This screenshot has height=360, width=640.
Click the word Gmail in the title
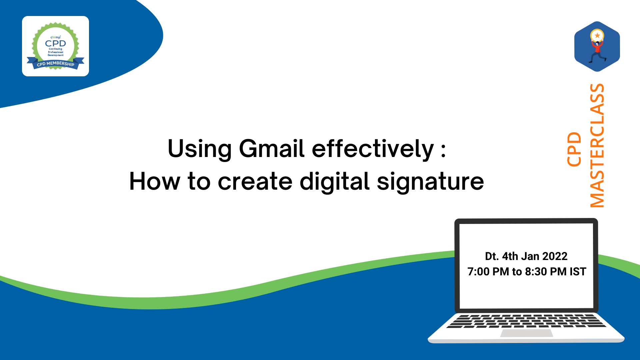[x=272, y=149]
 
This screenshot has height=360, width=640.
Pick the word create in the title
[x=255, y=182]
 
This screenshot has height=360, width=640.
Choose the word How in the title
[x=155, y=182]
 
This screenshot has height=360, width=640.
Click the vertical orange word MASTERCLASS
[x=597, y=146]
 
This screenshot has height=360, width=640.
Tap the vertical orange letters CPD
[x=574, y=149]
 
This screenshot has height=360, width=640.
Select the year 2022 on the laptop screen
[x=555, y=256]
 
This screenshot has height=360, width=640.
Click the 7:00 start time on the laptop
[x=478, y=272]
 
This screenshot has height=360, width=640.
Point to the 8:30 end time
[x=536, y=272]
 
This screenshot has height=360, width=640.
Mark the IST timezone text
[x=578, y=272]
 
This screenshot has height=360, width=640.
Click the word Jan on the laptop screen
[x=530, y=256]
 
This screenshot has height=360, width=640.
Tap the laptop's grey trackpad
[x=527, y=333]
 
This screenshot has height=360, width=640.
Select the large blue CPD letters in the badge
[x=56, y=43]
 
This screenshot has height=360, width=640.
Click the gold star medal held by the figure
[x=597, y=35]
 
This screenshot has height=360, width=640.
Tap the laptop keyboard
[x=526, y=321]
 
